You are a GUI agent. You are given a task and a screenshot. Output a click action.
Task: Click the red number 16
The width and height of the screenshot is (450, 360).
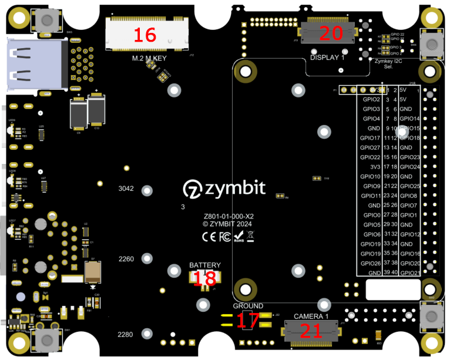tap(145, 35)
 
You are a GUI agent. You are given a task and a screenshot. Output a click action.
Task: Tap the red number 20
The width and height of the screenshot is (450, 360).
tap(331, 33)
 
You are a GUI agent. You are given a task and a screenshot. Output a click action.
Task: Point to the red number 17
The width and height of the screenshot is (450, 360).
tap(248, 320)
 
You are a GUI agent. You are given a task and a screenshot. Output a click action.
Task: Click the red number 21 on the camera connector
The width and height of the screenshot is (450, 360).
tap(311, 331)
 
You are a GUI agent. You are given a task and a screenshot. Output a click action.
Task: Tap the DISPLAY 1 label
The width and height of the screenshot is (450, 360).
tap(327, 58)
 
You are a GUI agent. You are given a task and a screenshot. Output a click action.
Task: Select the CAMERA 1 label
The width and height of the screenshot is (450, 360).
tap(311, 316)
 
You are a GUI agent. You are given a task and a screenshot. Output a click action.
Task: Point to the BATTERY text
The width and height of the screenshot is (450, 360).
tap(205, 265)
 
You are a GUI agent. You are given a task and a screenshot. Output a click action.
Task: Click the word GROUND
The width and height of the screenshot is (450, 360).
tap(248, 306)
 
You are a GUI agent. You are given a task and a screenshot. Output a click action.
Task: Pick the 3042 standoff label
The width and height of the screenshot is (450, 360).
tap(126, 189)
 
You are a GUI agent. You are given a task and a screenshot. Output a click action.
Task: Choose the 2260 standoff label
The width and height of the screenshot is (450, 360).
tap(126, 259)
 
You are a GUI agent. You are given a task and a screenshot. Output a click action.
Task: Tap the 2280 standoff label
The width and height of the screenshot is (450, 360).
tap(126, 335)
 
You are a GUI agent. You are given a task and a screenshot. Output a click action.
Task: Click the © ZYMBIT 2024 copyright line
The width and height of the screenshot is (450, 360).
tap(227, 224)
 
